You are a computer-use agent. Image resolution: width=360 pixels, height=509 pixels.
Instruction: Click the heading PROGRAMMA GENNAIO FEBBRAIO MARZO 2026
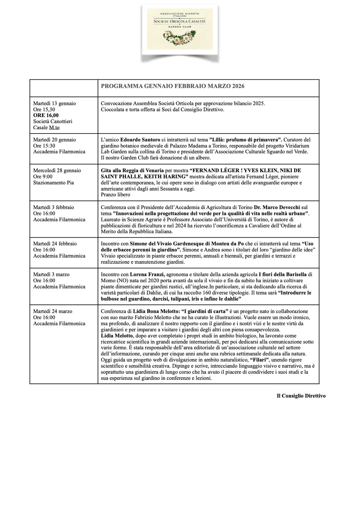coord(172,86)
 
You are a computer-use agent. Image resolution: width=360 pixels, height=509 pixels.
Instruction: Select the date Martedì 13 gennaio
coord(55,103)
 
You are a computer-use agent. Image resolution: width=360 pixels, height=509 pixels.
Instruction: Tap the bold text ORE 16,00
coord(46,115)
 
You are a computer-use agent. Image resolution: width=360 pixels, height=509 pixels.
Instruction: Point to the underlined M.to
coord(54,127)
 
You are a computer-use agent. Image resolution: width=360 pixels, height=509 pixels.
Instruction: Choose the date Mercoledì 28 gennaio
coord(57,170)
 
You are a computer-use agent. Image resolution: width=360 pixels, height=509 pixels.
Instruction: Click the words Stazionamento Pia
coord(53,182)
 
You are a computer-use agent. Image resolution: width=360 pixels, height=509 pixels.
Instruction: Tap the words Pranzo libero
coord(115,194)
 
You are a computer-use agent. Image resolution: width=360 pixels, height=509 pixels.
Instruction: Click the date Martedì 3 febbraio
coord(54,207)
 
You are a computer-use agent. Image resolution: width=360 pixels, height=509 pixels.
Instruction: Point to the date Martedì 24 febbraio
coord(55,244)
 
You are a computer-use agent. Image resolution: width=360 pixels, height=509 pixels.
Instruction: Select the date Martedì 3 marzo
coord(51,274)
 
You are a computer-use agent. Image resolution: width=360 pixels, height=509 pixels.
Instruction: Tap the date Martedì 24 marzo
coord(53,311)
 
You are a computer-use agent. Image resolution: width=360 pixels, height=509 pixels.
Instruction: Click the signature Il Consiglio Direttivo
coord(301,396)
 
